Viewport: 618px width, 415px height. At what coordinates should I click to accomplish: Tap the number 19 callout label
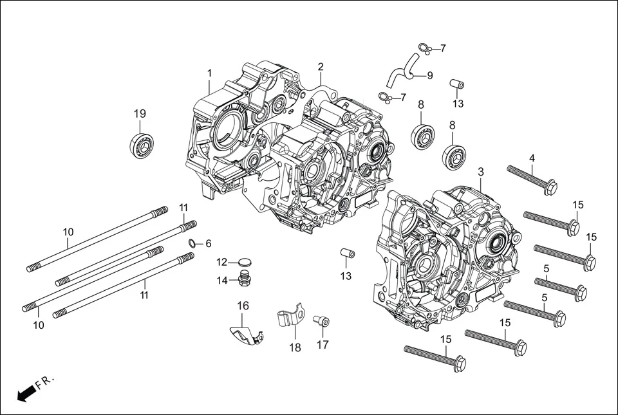(x=140, y=114)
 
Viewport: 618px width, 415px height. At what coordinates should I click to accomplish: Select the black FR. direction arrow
(x=26, y=392)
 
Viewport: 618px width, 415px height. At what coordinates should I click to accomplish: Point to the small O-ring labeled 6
(x=192, y=243)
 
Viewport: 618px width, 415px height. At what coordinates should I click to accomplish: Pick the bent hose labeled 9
(x=403, y=71)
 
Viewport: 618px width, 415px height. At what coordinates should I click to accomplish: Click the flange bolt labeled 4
(x=531, y=180)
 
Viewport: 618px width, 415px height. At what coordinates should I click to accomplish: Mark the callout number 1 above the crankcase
(x=209, y=73)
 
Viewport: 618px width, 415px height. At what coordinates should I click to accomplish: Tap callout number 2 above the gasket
(x=321, y=67)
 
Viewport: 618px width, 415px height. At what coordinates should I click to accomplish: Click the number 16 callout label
(x=243, y=306)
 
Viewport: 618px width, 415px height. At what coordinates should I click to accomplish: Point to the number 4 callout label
(x=532, y=158)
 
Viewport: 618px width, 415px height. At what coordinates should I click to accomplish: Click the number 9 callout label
(x=430, y=75)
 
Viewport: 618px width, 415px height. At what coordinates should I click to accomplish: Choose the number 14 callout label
(x=222, y=280)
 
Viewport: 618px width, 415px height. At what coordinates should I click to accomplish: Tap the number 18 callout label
(x=295, y=347)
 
